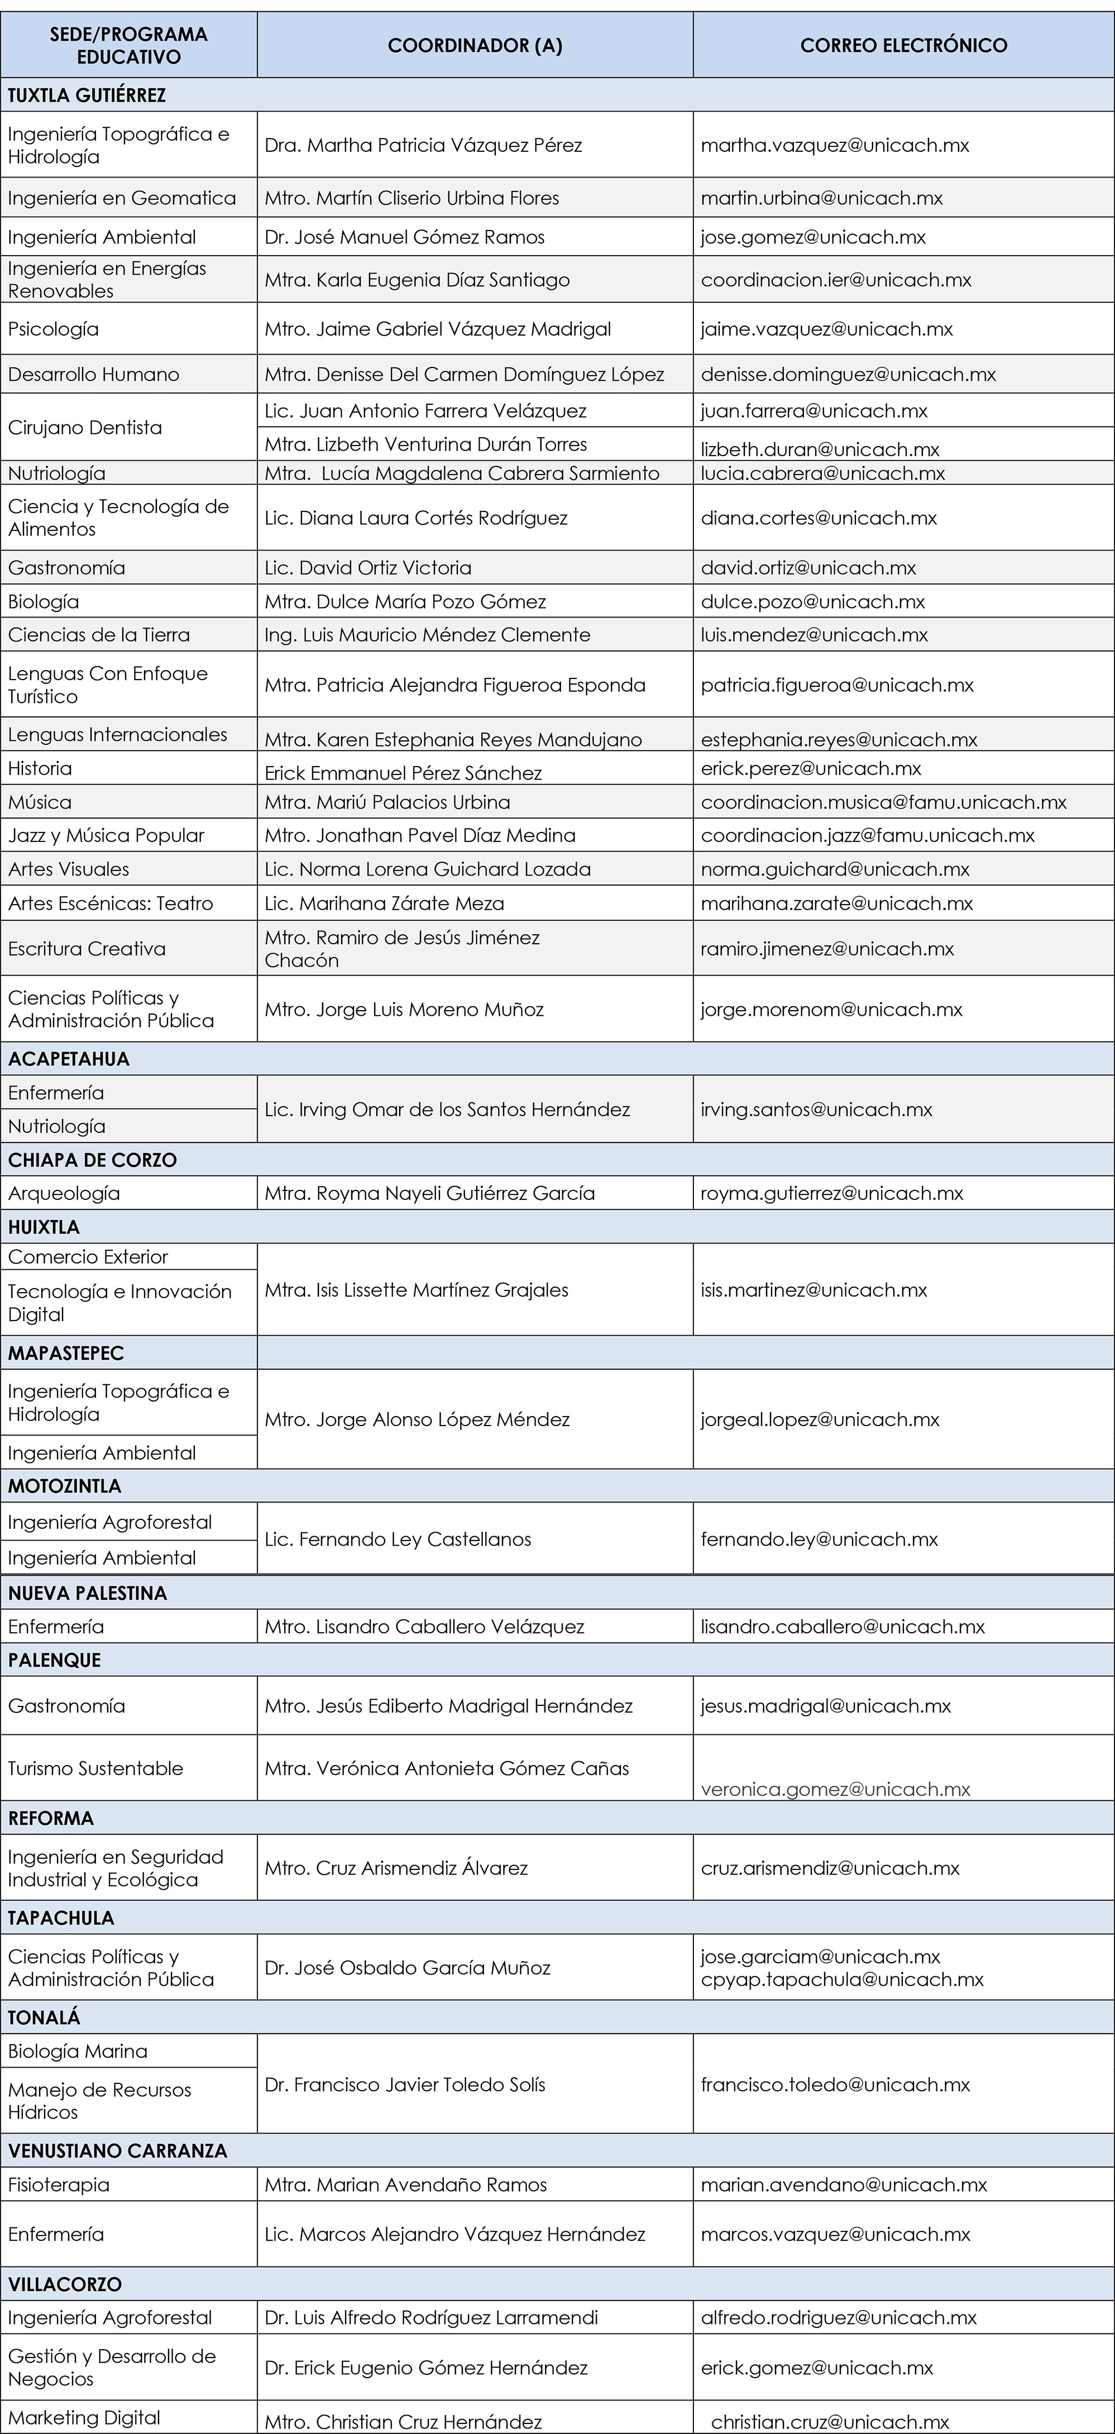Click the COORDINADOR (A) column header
475,45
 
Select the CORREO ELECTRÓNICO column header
903,45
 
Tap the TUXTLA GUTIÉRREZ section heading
87,95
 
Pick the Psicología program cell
53,329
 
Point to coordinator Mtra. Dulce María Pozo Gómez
405,602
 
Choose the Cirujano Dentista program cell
85,427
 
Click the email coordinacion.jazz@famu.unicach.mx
868,835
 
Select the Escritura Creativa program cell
87,949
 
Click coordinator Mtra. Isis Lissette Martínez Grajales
417,1290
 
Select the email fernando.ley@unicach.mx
819,1539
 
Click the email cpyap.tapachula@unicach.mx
842,1979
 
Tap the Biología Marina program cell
78,2052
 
